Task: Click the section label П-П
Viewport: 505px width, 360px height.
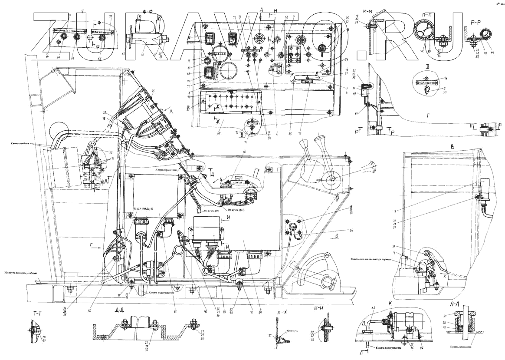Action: coord(430,13)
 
